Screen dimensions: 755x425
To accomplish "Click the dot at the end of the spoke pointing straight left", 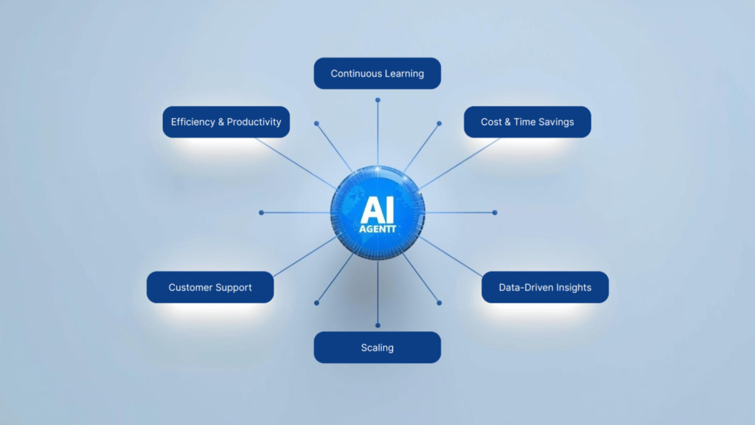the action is coord(262,212).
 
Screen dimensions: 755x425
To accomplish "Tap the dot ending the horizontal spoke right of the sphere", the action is coord(495,212).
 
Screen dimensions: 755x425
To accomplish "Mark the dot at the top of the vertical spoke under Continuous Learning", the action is coord(378,100).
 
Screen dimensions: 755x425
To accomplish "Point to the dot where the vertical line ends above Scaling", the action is coord(378,325).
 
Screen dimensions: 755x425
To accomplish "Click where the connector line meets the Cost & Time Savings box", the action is coord(501,138).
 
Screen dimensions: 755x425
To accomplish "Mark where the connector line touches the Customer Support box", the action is coord(274,276).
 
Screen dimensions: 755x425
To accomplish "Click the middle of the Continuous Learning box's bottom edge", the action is coord(377,89).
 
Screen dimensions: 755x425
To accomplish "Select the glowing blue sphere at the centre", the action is coord(377,213).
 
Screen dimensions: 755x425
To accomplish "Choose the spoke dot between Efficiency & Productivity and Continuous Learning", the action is coord(316,123).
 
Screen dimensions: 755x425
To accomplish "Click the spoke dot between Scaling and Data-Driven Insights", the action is coord(439,303).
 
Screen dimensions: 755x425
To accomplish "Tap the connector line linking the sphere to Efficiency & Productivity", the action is coord(296,163).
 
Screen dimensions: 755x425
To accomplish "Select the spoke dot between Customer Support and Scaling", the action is coord(316,303).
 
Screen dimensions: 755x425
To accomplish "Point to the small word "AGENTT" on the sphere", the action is coord(377,229).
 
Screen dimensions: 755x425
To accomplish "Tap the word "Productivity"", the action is coord(254,122).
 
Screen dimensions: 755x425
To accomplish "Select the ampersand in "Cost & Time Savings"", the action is coord(507,122).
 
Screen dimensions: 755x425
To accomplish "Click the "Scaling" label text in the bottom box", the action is coord(377,348).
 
